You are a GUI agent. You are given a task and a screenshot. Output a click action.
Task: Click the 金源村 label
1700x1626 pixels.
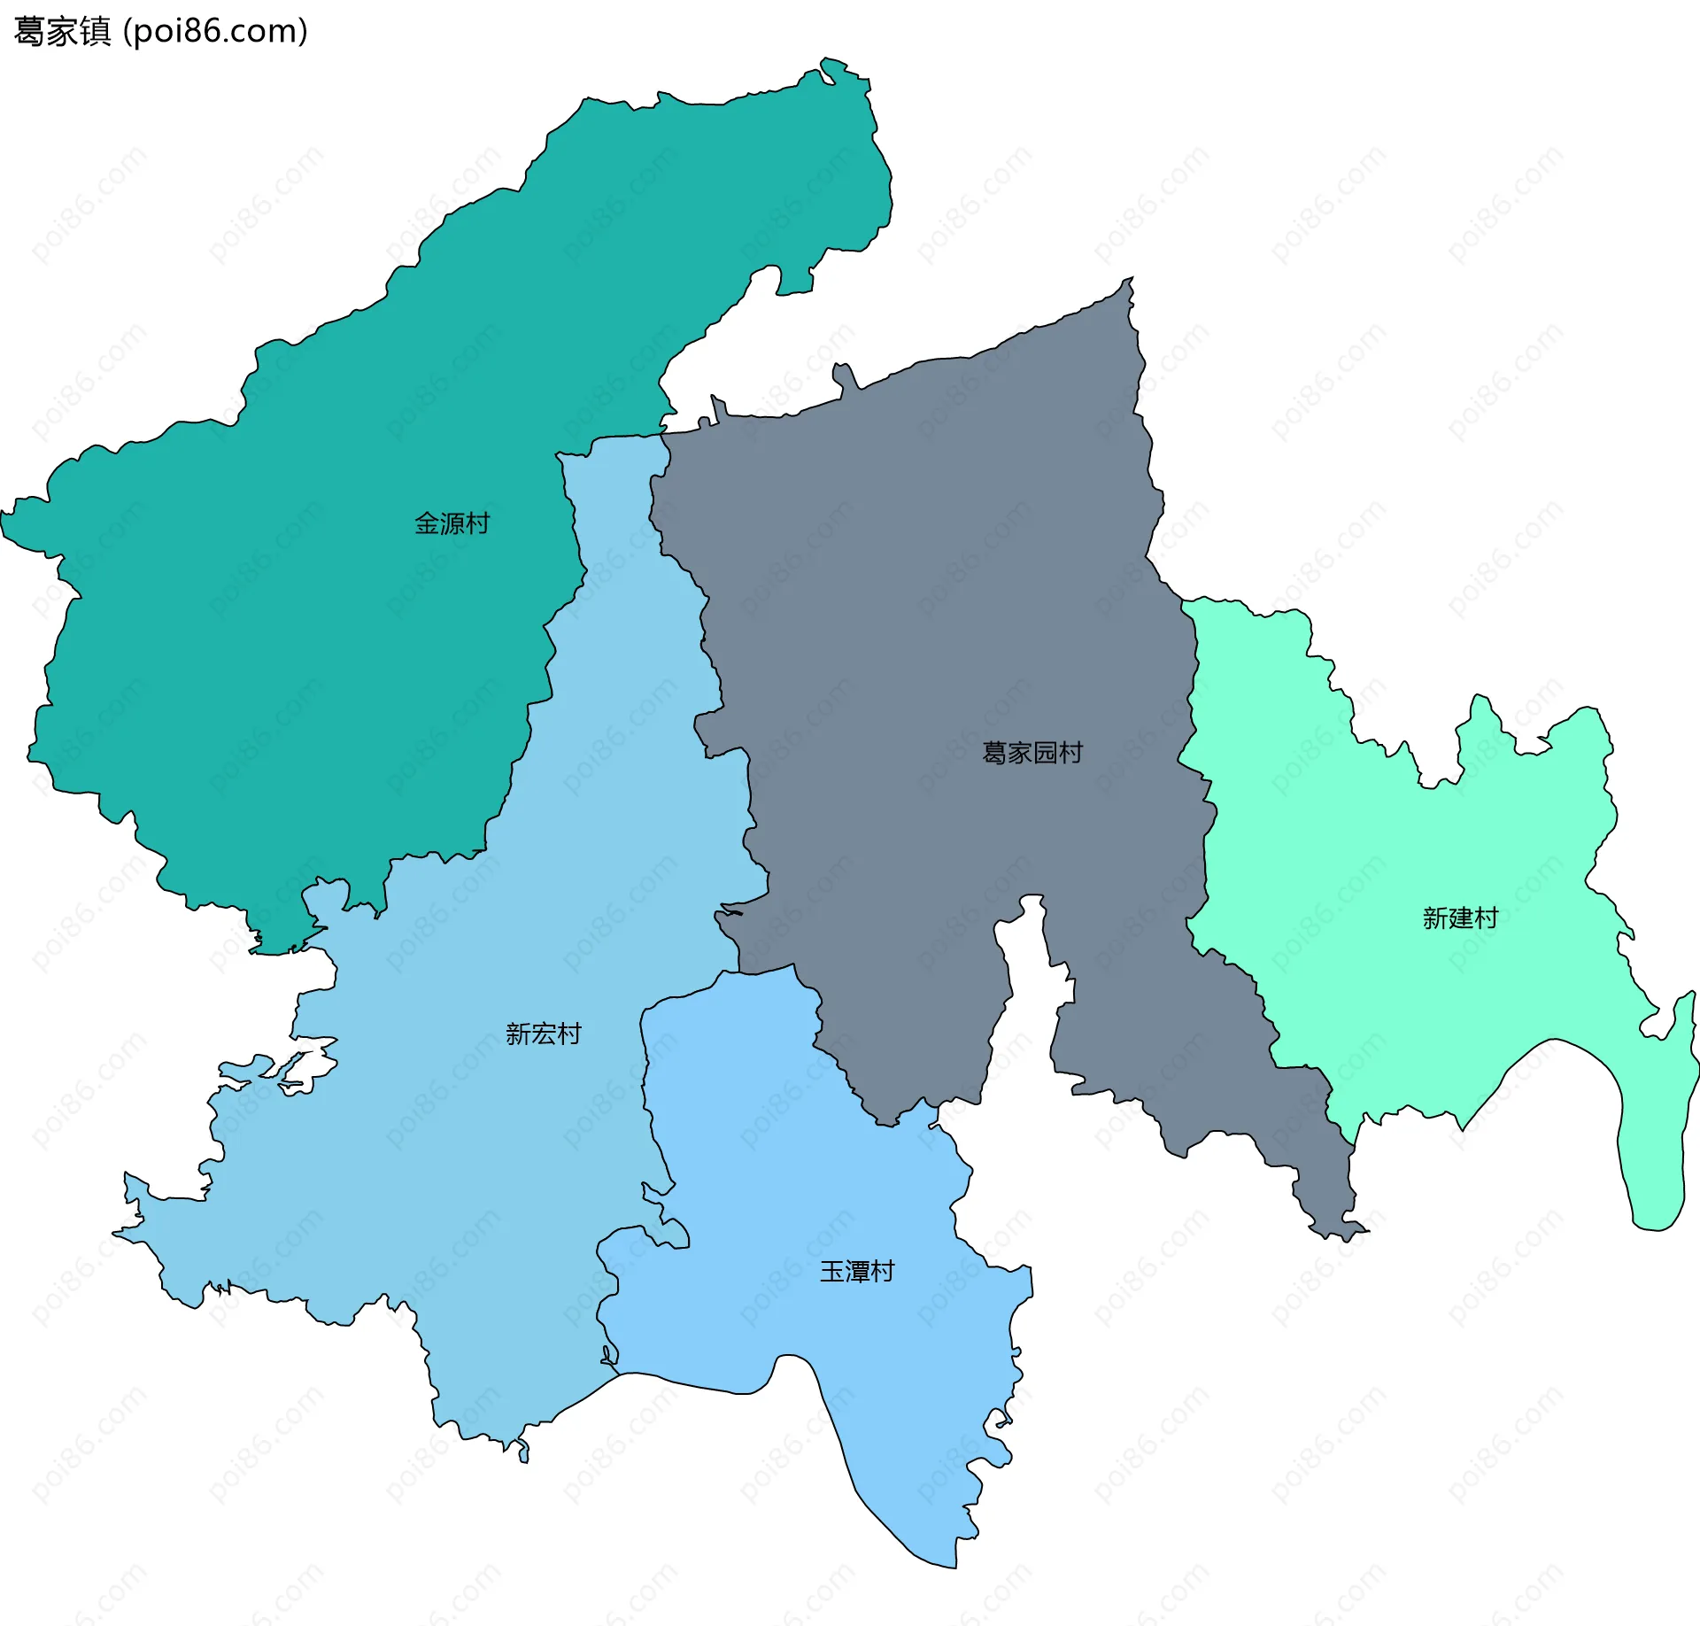tap(452, 523)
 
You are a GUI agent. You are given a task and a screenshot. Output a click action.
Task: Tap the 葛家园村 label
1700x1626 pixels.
tap(1032, 753)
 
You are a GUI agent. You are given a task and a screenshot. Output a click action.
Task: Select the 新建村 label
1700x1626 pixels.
tap(1460, 918)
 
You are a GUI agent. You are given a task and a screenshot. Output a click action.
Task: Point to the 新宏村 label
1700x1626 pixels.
tap(543, 1034)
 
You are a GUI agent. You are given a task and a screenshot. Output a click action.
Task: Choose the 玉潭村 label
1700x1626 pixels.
tap(857, 1272)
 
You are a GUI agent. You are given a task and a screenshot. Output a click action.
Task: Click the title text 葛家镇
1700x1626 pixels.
tap(62, 32)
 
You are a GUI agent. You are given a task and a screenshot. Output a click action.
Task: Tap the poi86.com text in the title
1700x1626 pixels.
tap(216, 32)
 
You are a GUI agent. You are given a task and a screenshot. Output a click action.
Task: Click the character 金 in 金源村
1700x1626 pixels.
tap(427, 523)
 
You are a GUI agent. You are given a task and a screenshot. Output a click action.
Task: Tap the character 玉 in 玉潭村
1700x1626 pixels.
tap(832, 1272)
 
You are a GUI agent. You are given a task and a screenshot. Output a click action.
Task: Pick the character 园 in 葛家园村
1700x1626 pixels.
tap(1045, 753)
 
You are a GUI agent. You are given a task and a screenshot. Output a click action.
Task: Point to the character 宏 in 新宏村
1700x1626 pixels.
tap(543, 1034)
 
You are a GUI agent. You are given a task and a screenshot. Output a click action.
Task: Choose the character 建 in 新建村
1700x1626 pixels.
tap(1460, 918)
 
